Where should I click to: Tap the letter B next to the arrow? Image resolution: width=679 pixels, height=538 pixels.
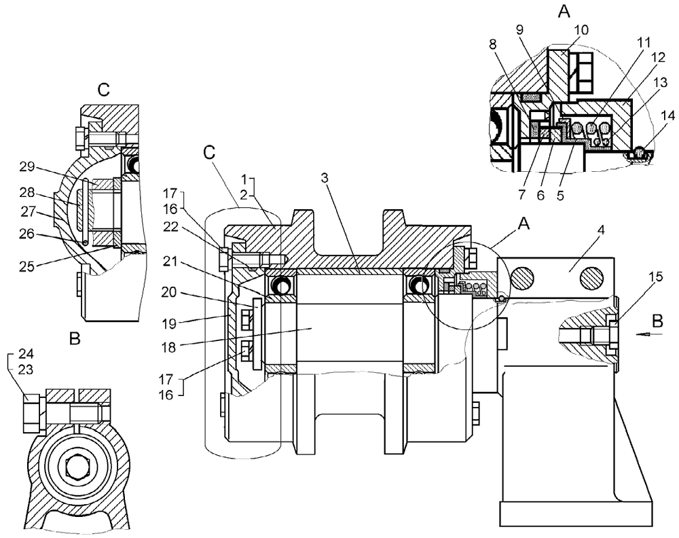click(655, 319)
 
